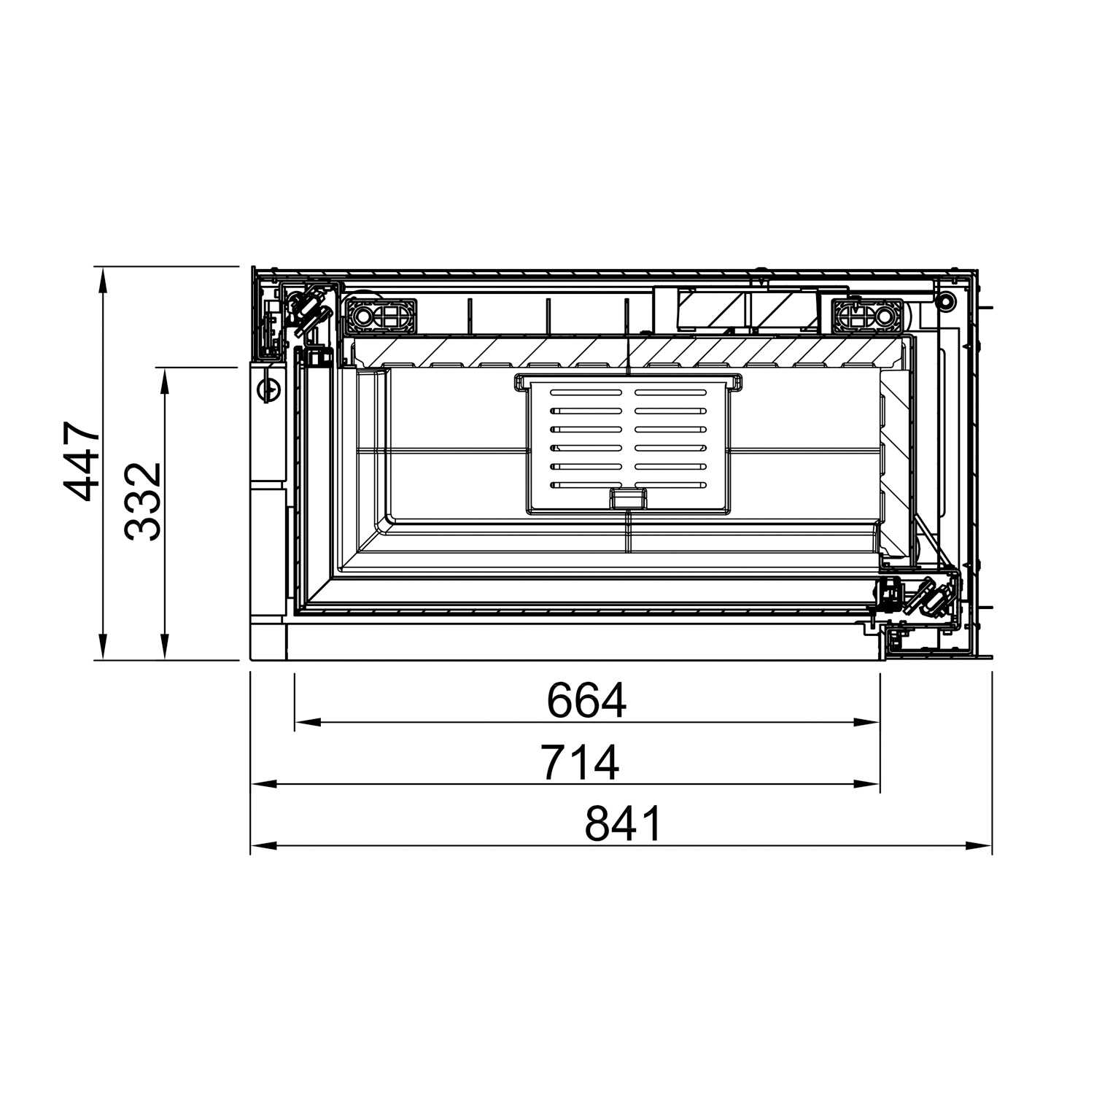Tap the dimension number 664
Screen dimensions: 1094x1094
coord(586,701)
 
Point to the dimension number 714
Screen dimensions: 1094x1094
coord(581,762)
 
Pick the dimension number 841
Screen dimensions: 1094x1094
coord(624,824)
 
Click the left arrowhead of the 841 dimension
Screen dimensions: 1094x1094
coord(263,846)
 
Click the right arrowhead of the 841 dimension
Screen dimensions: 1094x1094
coord(979,846)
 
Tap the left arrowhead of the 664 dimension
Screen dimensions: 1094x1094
coord(307,723)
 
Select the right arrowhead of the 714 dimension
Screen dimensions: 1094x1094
coord(867,785)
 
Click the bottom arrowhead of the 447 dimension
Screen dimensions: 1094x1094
coord(104,646)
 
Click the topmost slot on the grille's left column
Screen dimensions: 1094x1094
coord(586,392)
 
